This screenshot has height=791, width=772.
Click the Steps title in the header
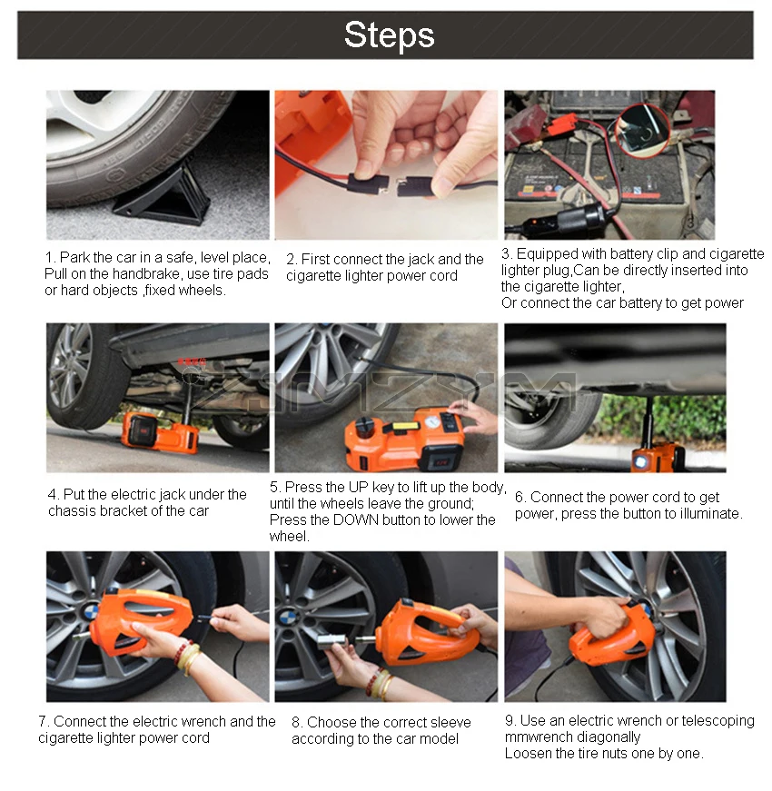coord(389,35)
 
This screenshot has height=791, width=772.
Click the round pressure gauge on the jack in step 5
coord(429,423)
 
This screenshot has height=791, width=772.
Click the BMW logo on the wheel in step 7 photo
coord(91,612)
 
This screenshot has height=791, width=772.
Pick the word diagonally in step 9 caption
coord(607,737)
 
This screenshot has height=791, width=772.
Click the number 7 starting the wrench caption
coord(42,721)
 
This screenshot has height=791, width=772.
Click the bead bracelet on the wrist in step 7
coord(187,657)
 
